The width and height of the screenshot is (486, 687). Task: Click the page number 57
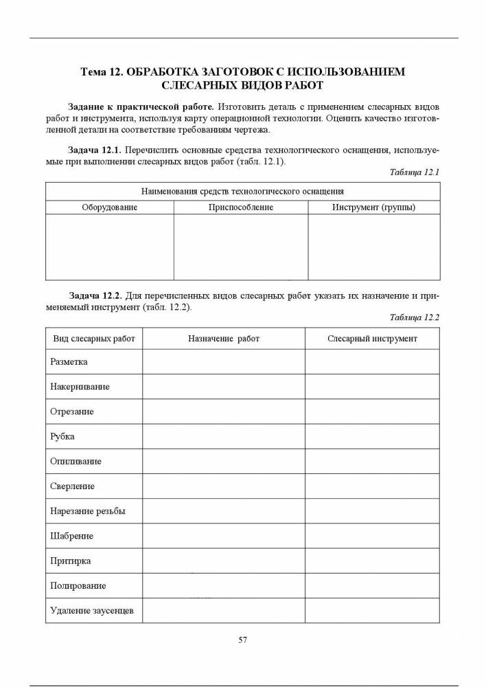click(242, 640)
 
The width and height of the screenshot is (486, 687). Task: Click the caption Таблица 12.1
click(414, 172)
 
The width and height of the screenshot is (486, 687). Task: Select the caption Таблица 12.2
click(414, 317)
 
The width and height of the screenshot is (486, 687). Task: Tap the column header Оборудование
click(109, 207)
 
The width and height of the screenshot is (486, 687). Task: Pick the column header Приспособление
click(241, 207)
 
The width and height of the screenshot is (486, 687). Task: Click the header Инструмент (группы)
click(373, 207)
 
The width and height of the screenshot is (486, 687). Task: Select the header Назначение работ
click(224, 339)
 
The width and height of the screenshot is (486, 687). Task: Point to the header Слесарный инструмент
click(372, 339)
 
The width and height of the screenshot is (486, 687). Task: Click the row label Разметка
click(69, 361)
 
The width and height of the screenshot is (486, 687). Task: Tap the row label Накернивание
click(80, 387)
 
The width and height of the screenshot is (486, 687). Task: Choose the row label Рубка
click(62, 436)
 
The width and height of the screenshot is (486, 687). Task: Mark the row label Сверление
click(72, 486)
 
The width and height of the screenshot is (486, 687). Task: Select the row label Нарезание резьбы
click(87, 511)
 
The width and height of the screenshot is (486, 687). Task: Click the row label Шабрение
click(71, 536)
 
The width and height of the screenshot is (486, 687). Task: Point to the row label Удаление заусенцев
click(92, 610)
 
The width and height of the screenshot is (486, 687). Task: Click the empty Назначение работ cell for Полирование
click(224, 586)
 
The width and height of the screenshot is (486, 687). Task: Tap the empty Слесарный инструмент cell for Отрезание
click(372, 412)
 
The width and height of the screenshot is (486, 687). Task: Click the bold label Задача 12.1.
click(94, 149)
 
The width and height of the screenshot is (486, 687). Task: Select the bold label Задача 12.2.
click(94, 295)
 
